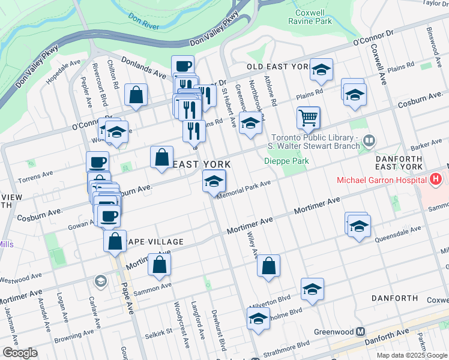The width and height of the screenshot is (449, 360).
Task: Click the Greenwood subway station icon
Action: [360, 331]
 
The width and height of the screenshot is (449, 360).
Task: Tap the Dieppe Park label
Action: [286, 161]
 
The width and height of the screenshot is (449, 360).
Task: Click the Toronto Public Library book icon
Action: [369, 141]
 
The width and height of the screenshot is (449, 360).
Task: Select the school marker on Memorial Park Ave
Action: [214, 182]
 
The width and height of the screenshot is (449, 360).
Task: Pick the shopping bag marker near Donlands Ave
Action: [136, 95]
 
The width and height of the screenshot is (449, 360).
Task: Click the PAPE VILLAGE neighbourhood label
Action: [157, 242]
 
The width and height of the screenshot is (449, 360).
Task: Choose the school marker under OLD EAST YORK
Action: [321, 71]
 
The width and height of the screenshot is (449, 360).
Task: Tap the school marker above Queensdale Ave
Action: [358, 226]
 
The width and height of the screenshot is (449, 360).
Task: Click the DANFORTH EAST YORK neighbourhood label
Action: [399, 161]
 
